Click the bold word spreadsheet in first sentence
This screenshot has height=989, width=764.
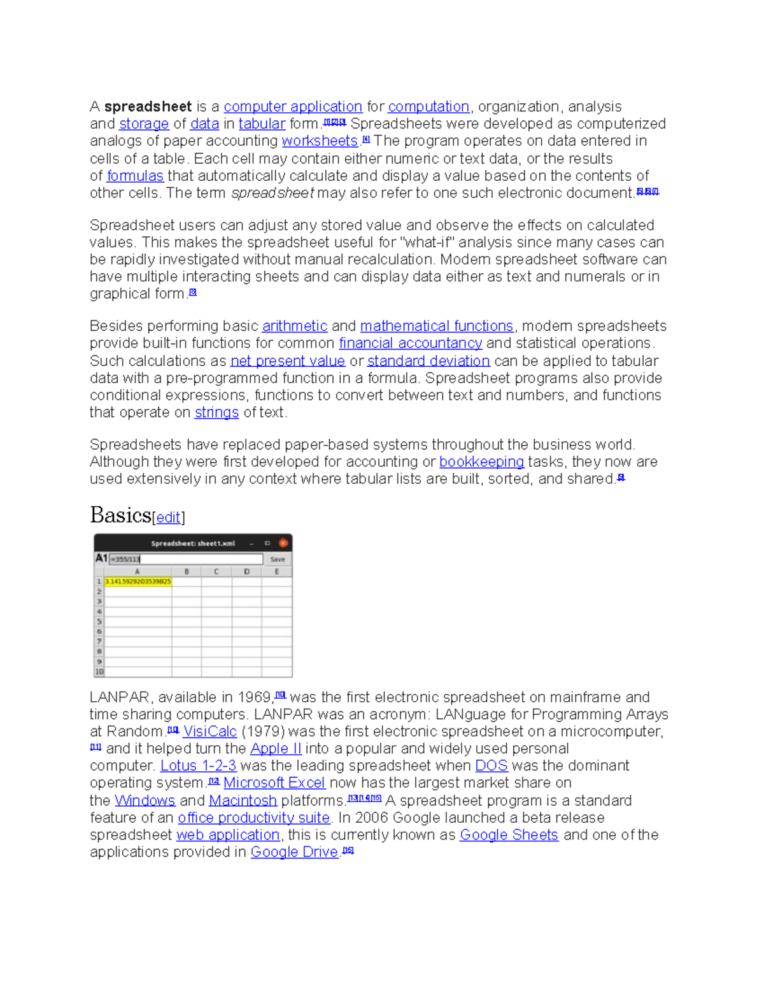pos(148,107)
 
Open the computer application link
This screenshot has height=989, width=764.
pos(293,107)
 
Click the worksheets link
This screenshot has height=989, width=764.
pos(320,141)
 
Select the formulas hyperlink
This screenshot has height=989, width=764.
pos(135,176)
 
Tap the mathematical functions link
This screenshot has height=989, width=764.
pos(437,326)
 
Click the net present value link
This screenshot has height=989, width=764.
pos(287,361)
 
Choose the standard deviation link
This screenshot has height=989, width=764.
pos(428,361)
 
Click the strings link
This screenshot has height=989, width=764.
pos(216,413)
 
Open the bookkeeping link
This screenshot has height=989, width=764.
pos(481,462)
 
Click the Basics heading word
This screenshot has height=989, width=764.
pos(120,515)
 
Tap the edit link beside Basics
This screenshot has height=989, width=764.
pos(168,518)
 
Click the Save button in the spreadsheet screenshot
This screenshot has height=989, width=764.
pos(278,559)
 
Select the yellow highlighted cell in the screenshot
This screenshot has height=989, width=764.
pos(138,581)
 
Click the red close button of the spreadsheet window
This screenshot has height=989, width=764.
pos(283,543)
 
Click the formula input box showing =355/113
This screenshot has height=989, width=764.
pos(186,559)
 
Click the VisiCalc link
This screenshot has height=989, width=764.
pos(209,732)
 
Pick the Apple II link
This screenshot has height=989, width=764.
pos(276,749)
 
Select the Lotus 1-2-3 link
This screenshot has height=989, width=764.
pos(198,766)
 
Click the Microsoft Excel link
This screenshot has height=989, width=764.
pos(274,783)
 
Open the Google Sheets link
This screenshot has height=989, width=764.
pos(509,835)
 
